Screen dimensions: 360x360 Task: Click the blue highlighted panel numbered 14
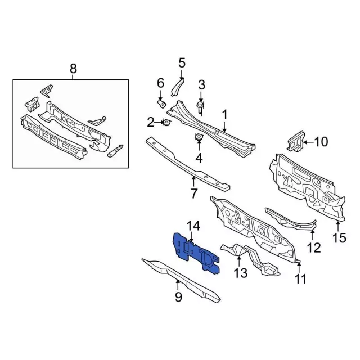(195, 253)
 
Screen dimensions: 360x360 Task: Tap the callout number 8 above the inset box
(73, 69)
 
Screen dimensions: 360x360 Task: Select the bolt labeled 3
(200, 107)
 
